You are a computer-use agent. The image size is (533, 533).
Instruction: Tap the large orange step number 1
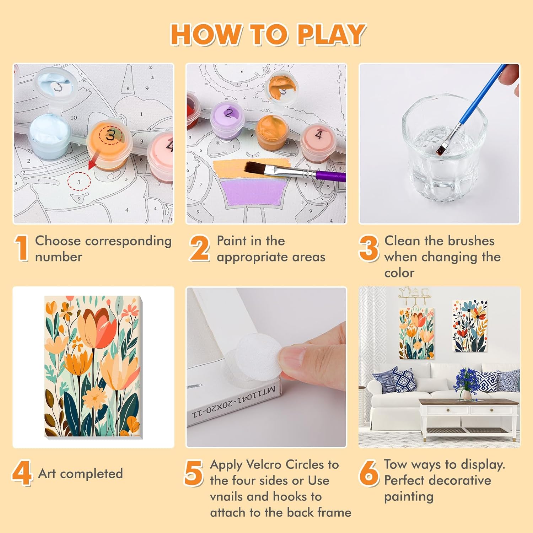[x=22, y=248]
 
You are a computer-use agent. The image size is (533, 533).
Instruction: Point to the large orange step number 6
[x=369, y=473]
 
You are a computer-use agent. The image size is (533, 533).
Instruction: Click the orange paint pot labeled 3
[x=110, y=144]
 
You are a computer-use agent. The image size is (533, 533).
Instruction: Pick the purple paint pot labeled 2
[x=227, y=121]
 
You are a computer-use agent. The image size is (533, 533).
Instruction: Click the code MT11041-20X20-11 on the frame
[x=233, y=402]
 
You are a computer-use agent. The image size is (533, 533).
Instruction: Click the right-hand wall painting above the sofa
[x=470, y=325]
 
